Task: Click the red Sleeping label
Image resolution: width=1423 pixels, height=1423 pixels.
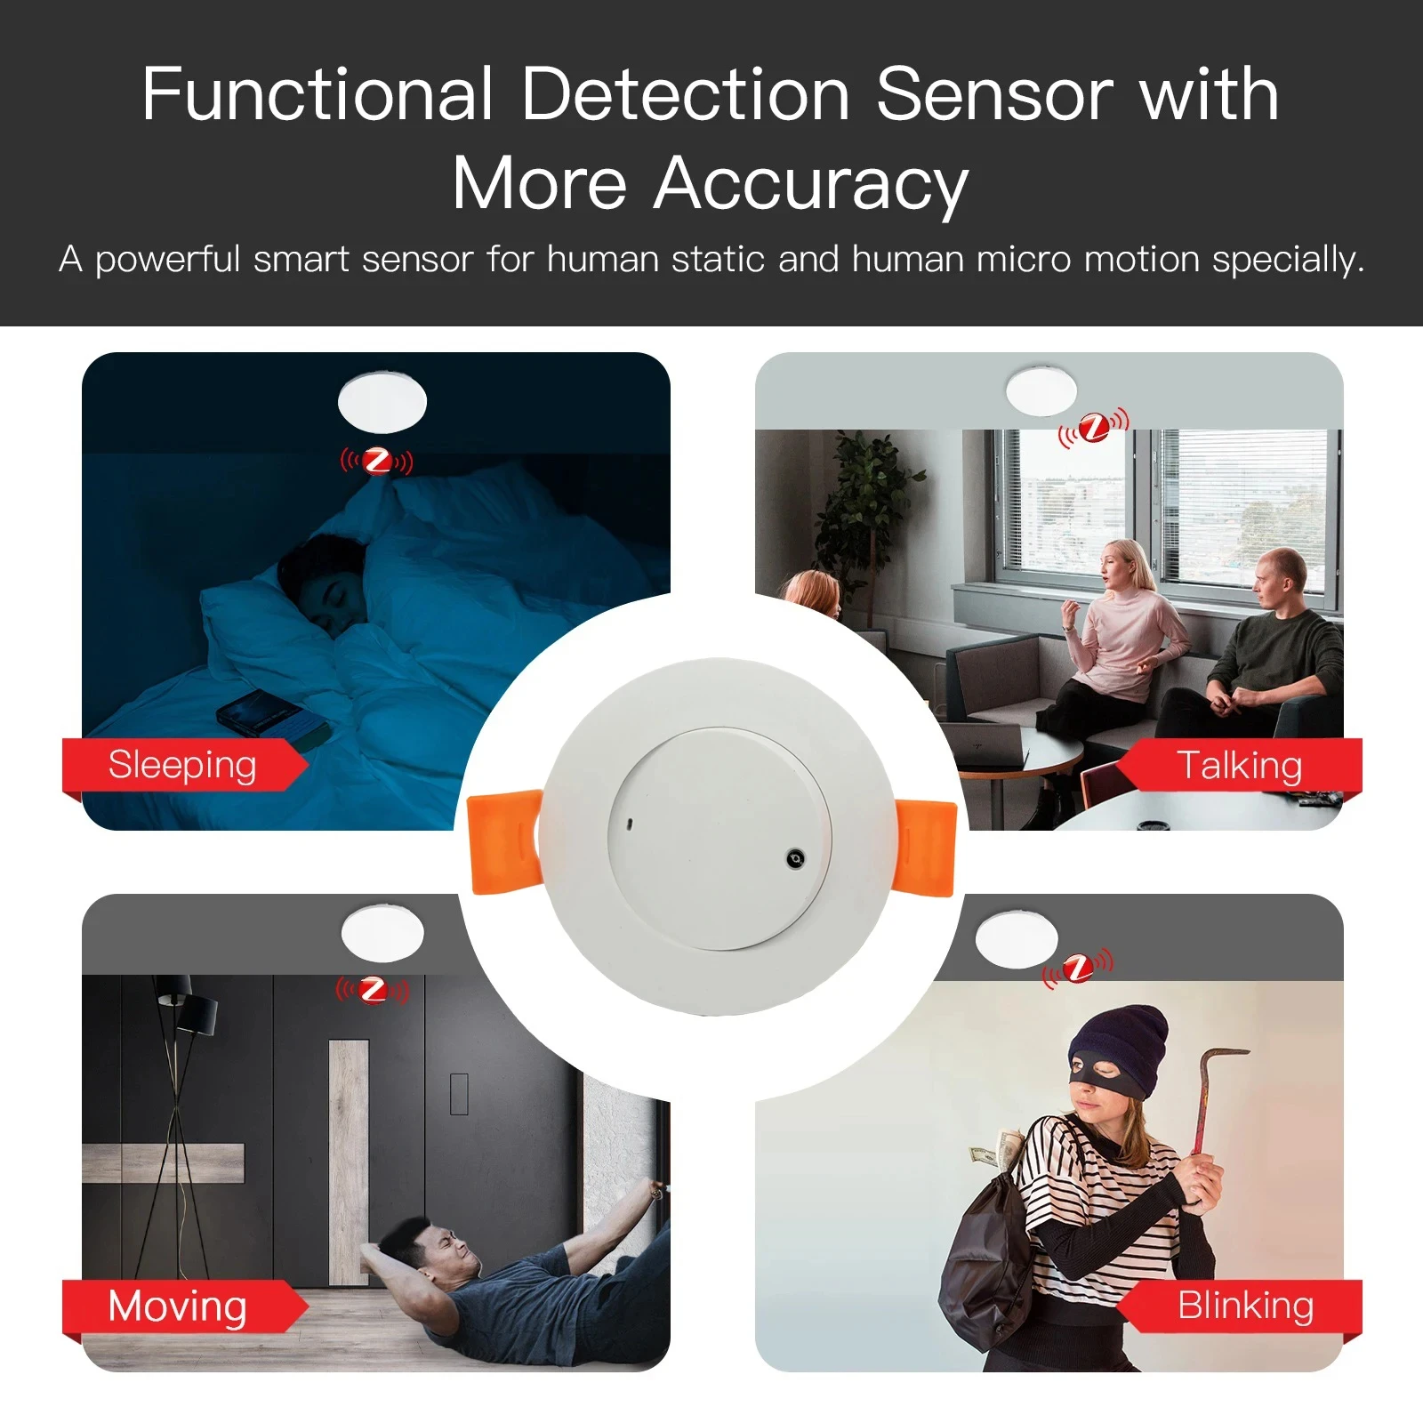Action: point(182,765)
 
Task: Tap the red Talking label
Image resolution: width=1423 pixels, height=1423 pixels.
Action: point(1240,765)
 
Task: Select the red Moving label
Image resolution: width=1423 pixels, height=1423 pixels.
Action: point(178,1306)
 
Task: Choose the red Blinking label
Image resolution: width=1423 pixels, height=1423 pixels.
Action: point(1245,1306)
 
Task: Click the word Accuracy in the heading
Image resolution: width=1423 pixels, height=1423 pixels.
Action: point(810,184)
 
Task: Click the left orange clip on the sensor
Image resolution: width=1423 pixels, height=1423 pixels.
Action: point(503,841)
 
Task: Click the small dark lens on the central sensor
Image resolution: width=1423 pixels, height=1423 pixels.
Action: point(795,858)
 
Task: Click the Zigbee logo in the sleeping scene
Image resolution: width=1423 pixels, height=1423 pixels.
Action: point(378,462)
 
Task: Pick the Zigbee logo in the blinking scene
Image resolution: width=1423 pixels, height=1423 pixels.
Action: point(1078,968)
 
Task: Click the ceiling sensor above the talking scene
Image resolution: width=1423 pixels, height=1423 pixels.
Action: point(1041,390)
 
